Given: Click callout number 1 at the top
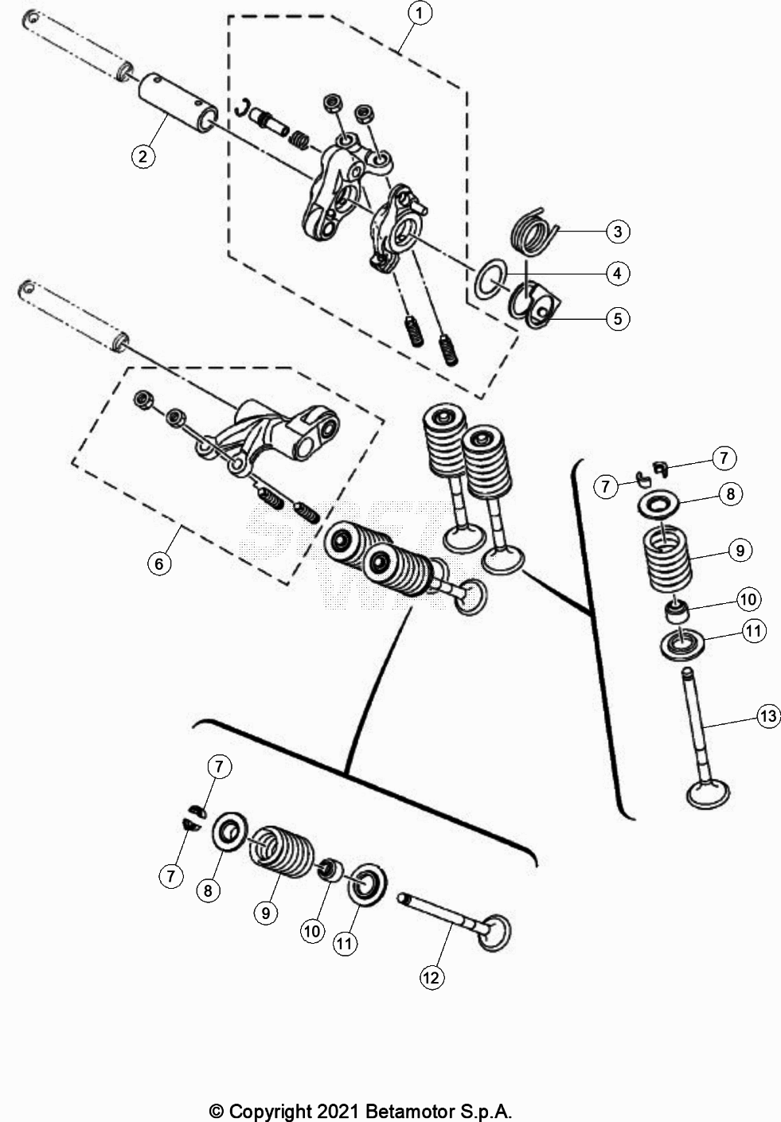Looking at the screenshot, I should (x=420, y=13).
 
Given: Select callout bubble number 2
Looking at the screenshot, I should (x=143, y=155).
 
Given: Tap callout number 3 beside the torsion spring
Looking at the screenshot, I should (x=617, y=232).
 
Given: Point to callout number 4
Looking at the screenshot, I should (x=617, y=274).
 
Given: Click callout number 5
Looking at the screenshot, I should (x=617, y=319).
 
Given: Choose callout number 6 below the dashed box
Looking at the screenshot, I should (x=159, y=563).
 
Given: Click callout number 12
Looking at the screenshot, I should (x=431, y=977).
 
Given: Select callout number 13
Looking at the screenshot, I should (x=767, y=717).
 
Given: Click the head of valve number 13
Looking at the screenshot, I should (x=707, y=794).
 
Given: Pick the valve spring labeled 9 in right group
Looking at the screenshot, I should (x=667, y=558).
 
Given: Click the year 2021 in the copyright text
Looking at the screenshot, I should (x=342, y=1111).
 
